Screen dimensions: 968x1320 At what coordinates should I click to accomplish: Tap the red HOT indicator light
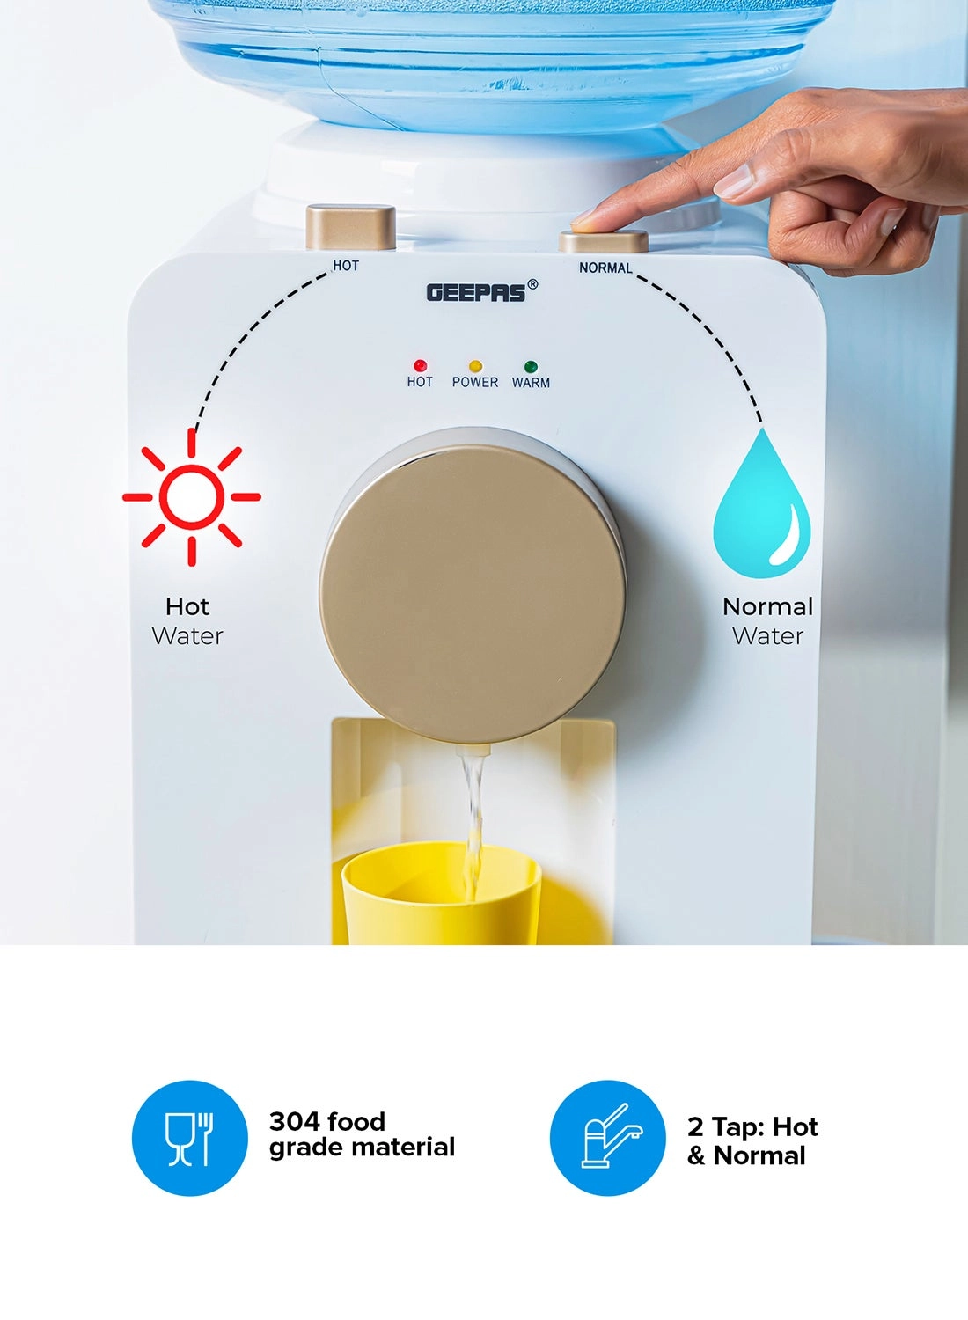click(x=420, y=365)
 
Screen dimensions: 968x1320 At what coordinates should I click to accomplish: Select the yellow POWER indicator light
click(x=475, y=366)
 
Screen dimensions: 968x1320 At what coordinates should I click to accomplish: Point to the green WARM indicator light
click(x=531, y=367)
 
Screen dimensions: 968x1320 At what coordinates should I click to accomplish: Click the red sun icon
click(x=192, y=497)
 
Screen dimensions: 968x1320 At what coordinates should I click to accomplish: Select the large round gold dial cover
click(x=473, y=593)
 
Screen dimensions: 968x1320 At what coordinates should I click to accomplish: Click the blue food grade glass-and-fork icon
click(x=190, y=1138)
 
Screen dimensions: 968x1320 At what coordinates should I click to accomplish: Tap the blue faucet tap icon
click(x=608, y=1138)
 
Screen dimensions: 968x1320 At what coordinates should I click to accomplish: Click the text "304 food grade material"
click(x=362, y=1134)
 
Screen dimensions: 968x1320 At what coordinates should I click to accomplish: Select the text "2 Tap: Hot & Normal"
click(x=752, y=1140)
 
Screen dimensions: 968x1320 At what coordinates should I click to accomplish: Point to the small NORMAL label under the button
click(x=605, y=268)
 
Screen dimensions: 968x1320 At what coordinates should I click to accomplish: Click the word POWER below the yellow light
click(x=475, y=382)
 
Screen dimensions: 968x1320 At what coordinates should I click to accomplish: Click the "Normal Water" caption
click(x=767, y=621)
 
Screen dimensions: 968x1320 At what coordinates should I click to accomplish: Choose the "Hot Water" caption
click(x=187, y=621)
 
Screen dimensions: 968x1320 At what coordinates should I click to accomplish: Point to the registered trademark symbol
click(x=532, y=284)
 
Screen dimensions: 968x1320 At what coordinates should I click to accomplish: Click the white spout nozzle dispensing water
click(x=473, y=750)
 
